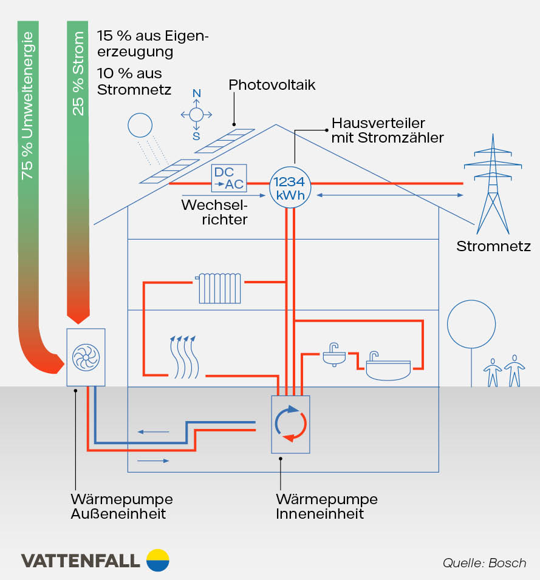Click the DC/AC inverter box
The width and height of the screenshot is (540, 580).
228,178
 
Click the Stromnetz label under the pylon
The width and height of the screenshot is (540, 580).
493,246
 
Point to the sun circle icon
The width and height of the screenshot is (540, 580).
140,126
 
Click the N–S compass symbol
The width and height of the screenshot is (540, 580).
196,115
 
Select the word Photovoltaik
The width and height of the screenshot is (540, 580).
272,84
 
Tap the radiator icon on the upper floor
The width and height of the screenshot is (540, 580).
219,288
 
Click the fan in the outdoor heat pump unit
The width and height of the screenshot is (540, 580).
86,357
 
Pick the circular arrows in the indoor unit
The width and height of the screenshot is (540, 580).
290,423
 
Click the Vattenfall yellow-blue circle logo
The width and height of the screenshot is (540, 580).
158,560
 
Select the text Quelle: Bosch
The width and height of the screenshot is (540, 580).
484,562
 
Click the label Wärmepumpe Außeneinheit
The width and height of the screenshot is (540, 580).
121,507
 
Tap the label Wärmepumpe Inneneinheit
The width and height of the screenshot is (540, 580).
326,507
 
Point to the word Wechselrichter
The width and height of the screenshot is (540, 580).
214,212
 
